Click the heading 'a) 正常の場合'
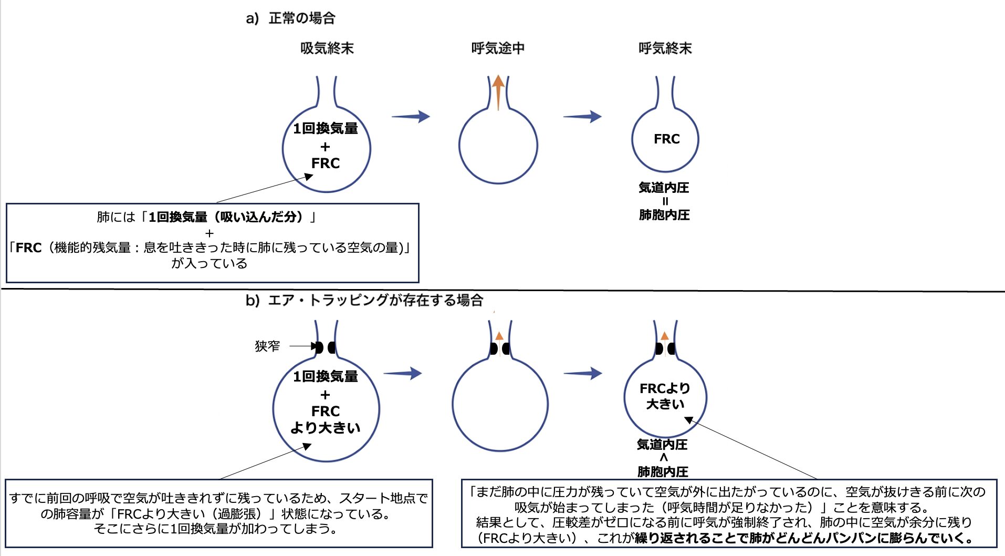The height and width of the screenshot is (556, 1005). [x=290, y=18]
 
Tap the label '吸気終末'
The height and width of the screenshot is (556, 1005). [x=327, y=48]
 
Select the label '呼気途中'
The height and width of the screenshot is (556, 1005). [x=497, y=48]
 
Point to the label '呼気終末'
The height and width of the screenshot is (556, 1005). [x=665, y=48]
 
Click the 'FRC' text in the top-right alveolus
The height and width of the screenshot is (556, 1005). [x=666, y=139]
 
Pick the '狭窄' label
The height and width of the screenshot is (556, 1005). [x=267, y=346]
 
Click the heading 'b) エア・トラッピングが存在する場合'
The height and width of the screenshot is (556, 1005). [x=364, y=301]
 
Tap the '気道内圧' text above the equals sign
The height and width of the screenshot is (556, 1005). [x=664, y=188]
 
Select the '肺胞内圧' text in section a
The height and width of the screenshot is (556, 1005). [x=664, y=215]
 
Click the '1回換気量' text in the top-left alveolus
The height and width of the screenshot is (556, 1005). [x=326, y=128]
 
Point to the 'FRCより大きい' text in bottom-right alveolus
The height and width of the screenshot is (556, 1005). [x=665, y=396]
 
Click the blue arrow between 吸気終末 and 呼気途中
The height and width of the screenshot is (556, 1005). [x=411, y=117]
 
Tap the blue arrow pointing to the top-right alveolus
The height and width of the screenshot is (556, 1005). [x=582, y=117]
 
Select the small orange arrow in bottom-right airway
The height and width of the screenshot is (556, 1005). [x=665, y=336]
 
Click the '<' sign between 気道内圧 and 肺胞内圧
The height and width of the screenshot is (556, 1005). [x=663, y=458]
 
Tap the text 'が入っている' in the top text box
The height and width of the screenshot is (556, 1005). [x=209, y=263]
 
